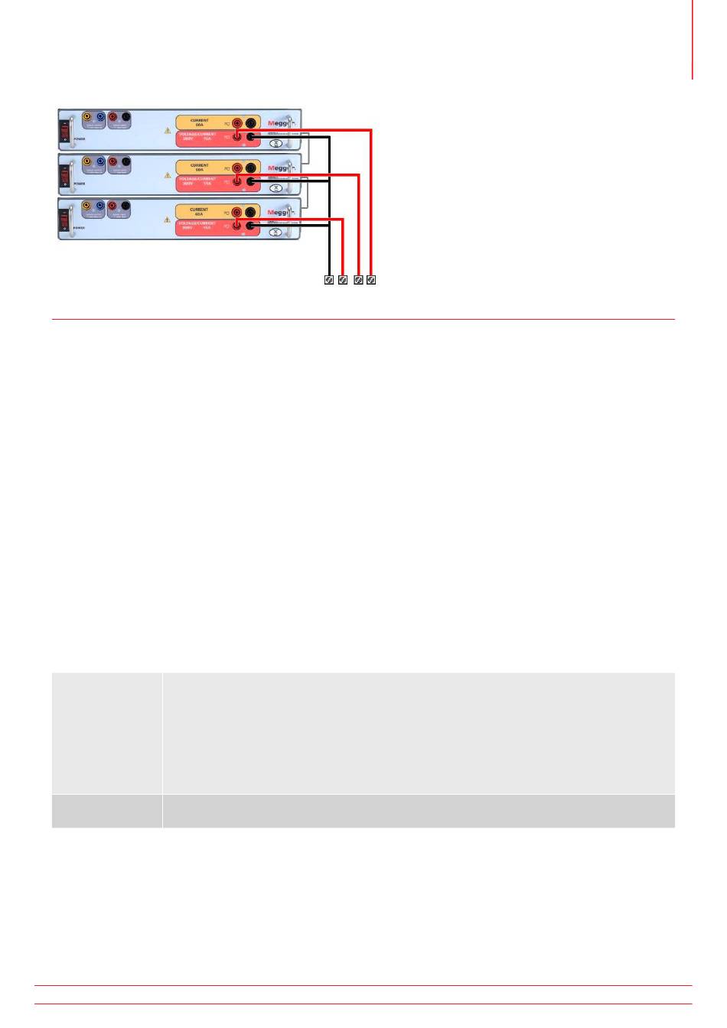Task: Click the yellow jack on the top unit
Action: (86, 117)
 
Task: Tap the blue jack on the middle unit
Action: (99, 162)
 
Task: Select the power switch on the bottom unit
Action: (65, 221)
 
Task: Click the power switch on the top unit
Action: (65, 132)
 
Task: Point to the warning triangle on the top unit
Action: (168, 130)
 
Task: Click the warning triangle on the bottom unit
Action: (168, 220)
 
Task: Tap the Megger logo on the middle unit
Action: (277, 168)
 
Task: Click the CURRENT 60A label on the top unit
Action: (199, 122)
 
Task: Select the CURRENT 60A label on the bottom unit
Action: (199, 211)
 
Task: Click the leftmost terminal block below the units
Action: (329, 280)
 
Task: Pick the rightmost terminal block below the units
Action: (371, 280)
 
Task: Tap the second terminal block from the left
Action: (343, 280)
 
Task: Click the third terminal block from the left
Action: (358, 280)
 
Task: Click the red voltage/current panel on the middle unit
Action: (200, 183)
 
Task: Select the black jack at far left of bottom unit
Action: (126, 207)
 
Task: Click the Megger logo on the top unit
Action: (277, 123)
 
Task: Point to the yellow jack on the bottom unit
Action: (86, 207)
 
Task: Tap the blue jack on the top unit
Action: (99, 117)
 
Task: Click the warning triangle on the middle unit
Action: (168, 175)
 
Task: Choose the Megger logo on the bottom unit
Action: (277, 213)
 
